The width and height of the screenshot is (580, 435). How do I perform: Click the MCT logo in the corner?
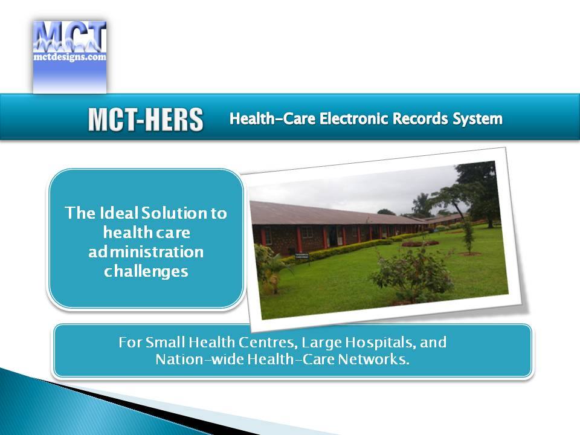[x=69, y=57]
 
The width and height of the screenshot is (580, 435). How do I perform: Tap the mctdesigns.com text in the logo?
[x=69, y=57]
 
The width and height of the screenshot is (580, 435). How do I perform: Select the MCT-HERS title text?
[x=146, y=120]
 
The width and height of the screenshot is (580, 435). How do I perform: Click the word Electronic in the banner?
[x=354, y=119]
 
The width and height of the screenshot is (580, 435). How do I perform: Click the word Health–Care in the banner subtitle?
[x=272, y=119]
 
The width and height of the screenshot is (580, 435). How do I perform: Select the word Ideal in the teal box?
[x=118, y=213]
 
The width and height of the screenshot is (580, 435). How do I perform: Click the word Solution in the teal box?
[x=174, y=213]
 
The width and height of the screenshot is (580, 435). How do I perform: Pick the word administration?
[x=146, y=251]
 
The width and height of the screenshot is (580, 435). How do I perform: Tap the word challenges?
[x=146, y=272]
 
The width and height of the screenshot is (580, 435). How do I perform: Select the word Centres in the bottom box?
[x=268, y=343]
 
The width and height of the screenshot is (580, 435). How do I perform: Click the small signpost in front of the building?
[x=302, y=256]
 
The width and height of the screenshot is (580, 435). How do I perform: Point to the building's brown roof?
[x=333, y=214]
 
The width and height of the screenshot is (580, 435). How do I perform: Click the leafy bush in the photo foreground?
[x=413, y=274]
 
